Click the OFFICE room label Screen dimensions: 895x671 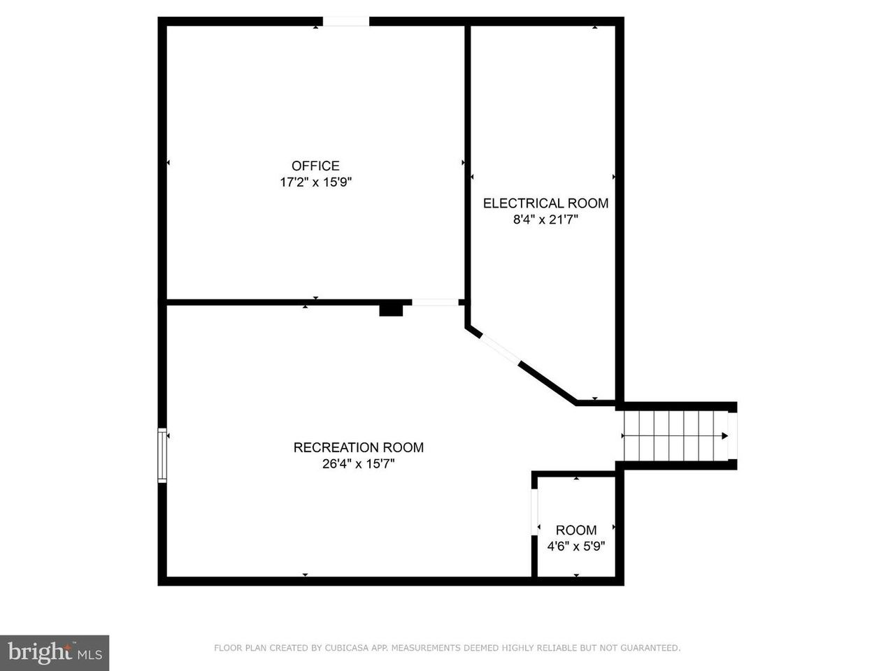[315, 166]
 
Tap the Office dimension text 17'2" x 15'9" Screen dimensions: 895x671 [315, 182]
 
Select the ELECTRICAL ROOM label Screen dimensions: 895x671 [545, 203]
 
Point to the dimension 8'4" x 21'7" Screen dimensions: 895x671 [545, 219]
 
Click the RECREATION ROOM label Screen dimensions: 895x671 [359, 447]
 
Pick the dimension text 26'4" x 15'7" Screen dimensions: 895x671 [359, 463]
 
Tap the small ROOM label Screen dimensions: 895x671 [576, 530]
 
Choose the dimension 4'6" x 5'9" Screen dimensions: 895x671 [576, 546]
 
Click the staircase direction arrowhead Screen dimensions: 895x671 [724, 436]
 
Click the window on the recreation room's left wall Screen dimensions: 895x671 [162, 455]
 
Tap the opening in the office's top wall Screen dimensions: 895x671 [346, 22]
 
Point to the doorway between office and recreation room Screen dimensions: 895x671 [435, 302]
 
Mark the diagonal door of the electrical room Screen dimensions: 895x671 [501, 349]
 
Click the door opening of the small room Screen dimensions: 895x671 [535, 512]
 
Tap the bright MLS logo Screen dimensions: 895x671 [55, 653]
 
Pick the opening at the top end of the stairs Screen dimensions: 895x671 [732, 436]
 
